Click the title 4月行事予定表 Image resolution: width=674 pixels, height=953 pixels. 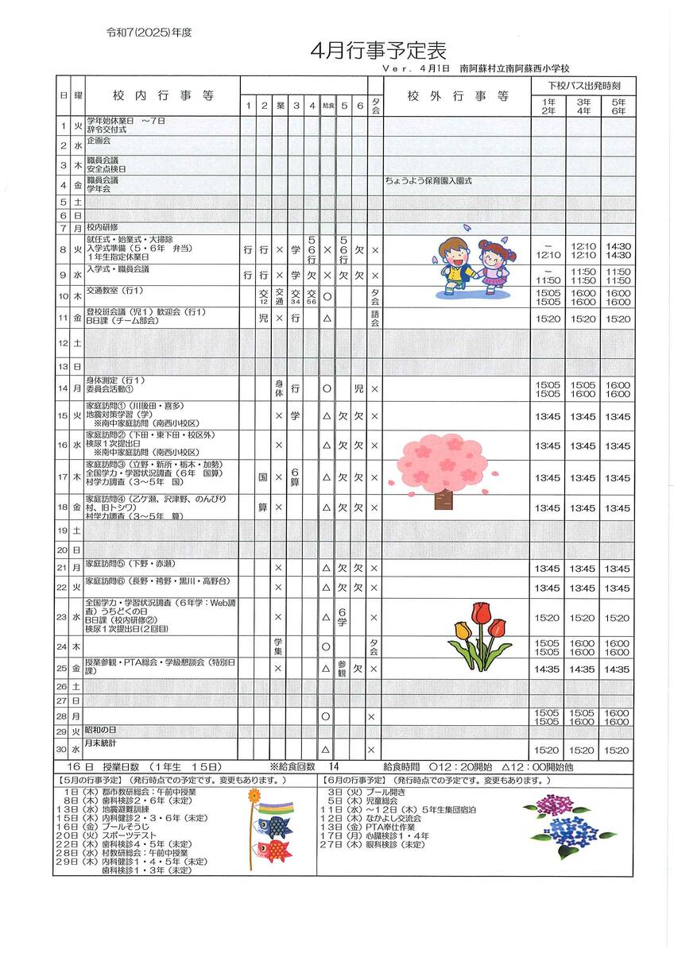(x=378, y=51)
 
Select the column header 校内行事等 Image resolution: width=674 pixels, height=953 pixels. (x=163, y=96)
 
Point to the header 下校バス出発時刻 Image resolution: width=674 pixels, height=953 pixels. (x=583, y=84)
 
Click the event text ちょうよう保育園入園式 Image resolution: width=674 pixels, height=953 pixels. (x=428, y=181)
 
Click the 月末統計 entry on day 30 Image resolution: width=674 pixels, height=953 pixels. (x=101, y=743)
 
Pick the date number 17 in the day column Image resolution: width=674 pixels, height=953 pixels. (x=63, y=477)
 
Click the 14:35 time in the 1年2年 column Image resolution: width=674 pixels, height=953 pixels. (x=548, y=669)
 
